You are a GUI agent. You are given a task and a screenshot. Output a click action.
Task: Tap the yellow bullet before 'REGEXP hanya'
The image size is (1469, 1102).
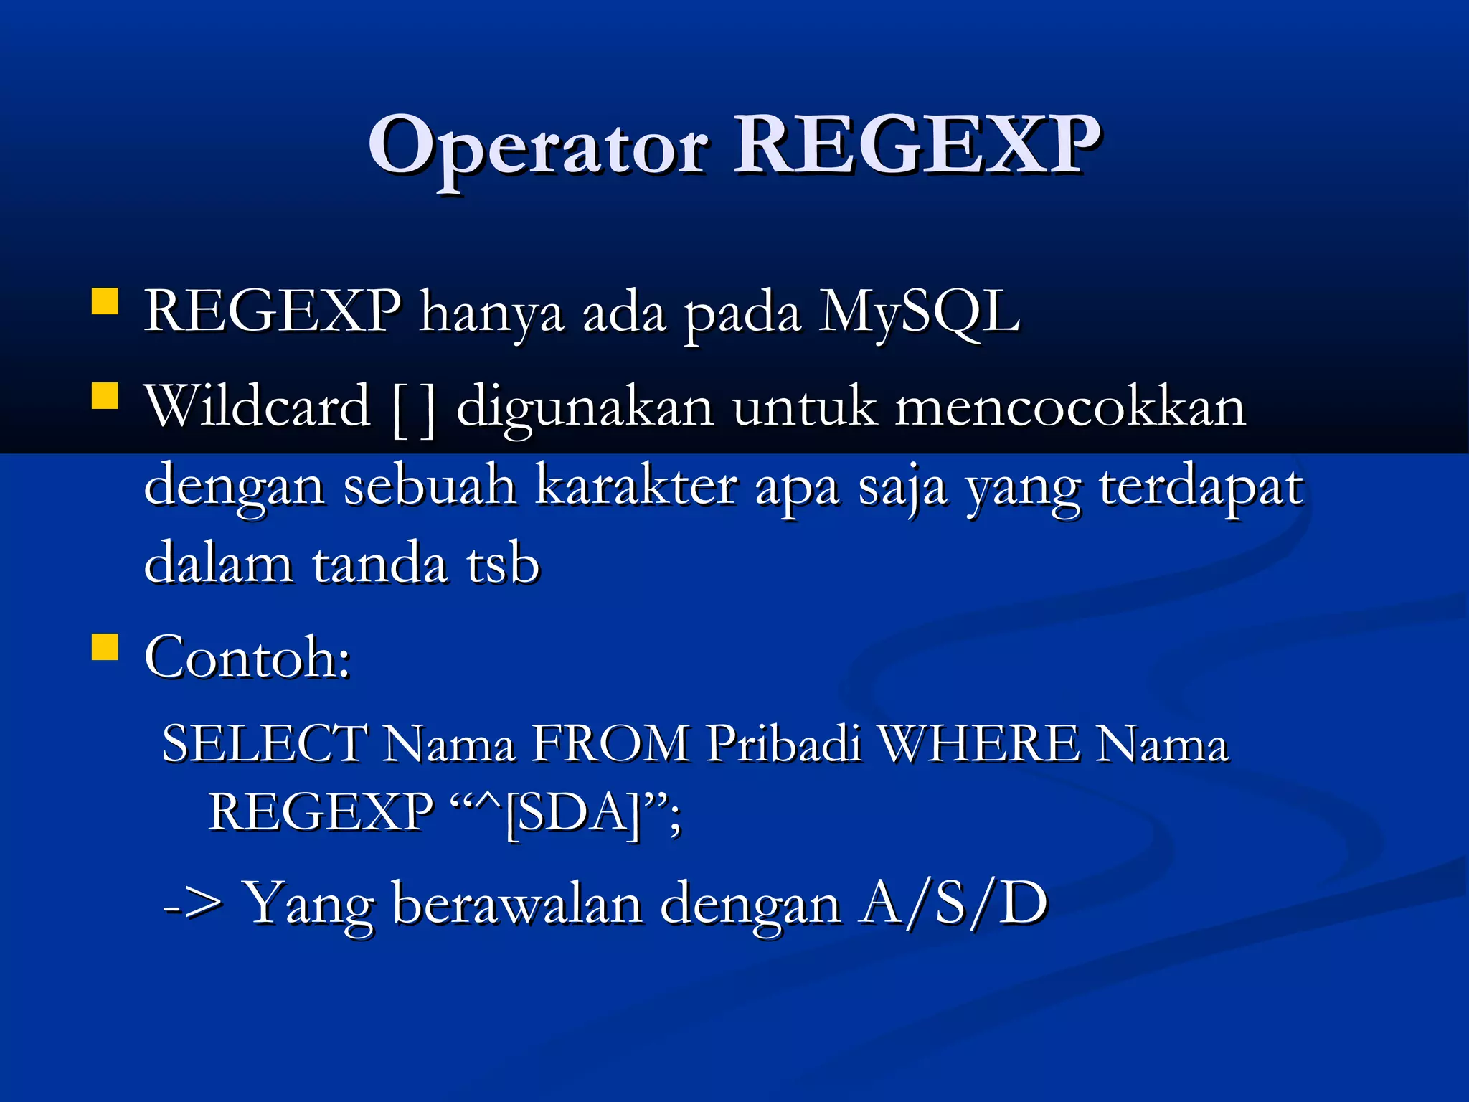point(105,302)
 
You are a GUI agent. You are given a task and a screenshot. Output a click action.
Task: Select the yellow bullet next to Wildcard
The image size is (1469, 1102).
point(105,395)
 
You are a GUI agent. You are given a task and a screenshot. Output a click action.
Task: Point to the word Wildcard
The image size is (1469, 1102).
point(257,406)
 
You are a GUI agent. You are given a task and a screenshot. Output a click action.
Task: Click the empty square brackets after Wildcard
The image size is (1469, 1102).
point(415,409)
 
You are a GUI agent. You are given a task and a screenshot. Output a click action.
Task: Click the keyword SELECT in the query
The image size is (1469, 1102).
point(265,743)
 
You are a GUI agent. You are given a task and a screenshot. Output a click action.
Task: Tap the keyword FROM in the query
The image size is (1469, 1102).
point(610,743)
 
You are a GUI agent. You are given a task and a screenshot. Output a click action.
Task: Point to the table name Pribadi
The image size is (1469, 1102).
point(783,743)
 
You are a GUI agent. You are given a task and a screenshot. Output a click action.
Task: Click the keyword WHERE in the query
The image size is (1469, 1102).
point(979,743)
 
